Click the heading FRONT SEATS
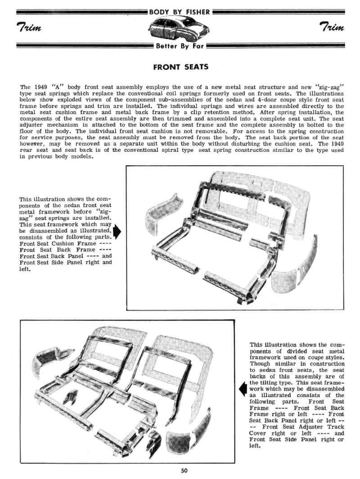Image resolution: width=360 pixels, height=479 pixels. (x=180, y=68)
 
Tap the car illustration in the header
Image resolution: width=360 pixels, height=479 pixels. (x=180, y=29)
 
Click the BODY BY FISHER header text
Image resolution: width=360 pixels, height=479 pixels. (x=180, y=12)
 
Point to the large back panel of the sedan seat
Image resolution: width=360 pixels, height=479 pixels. (x=265, y=198)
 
